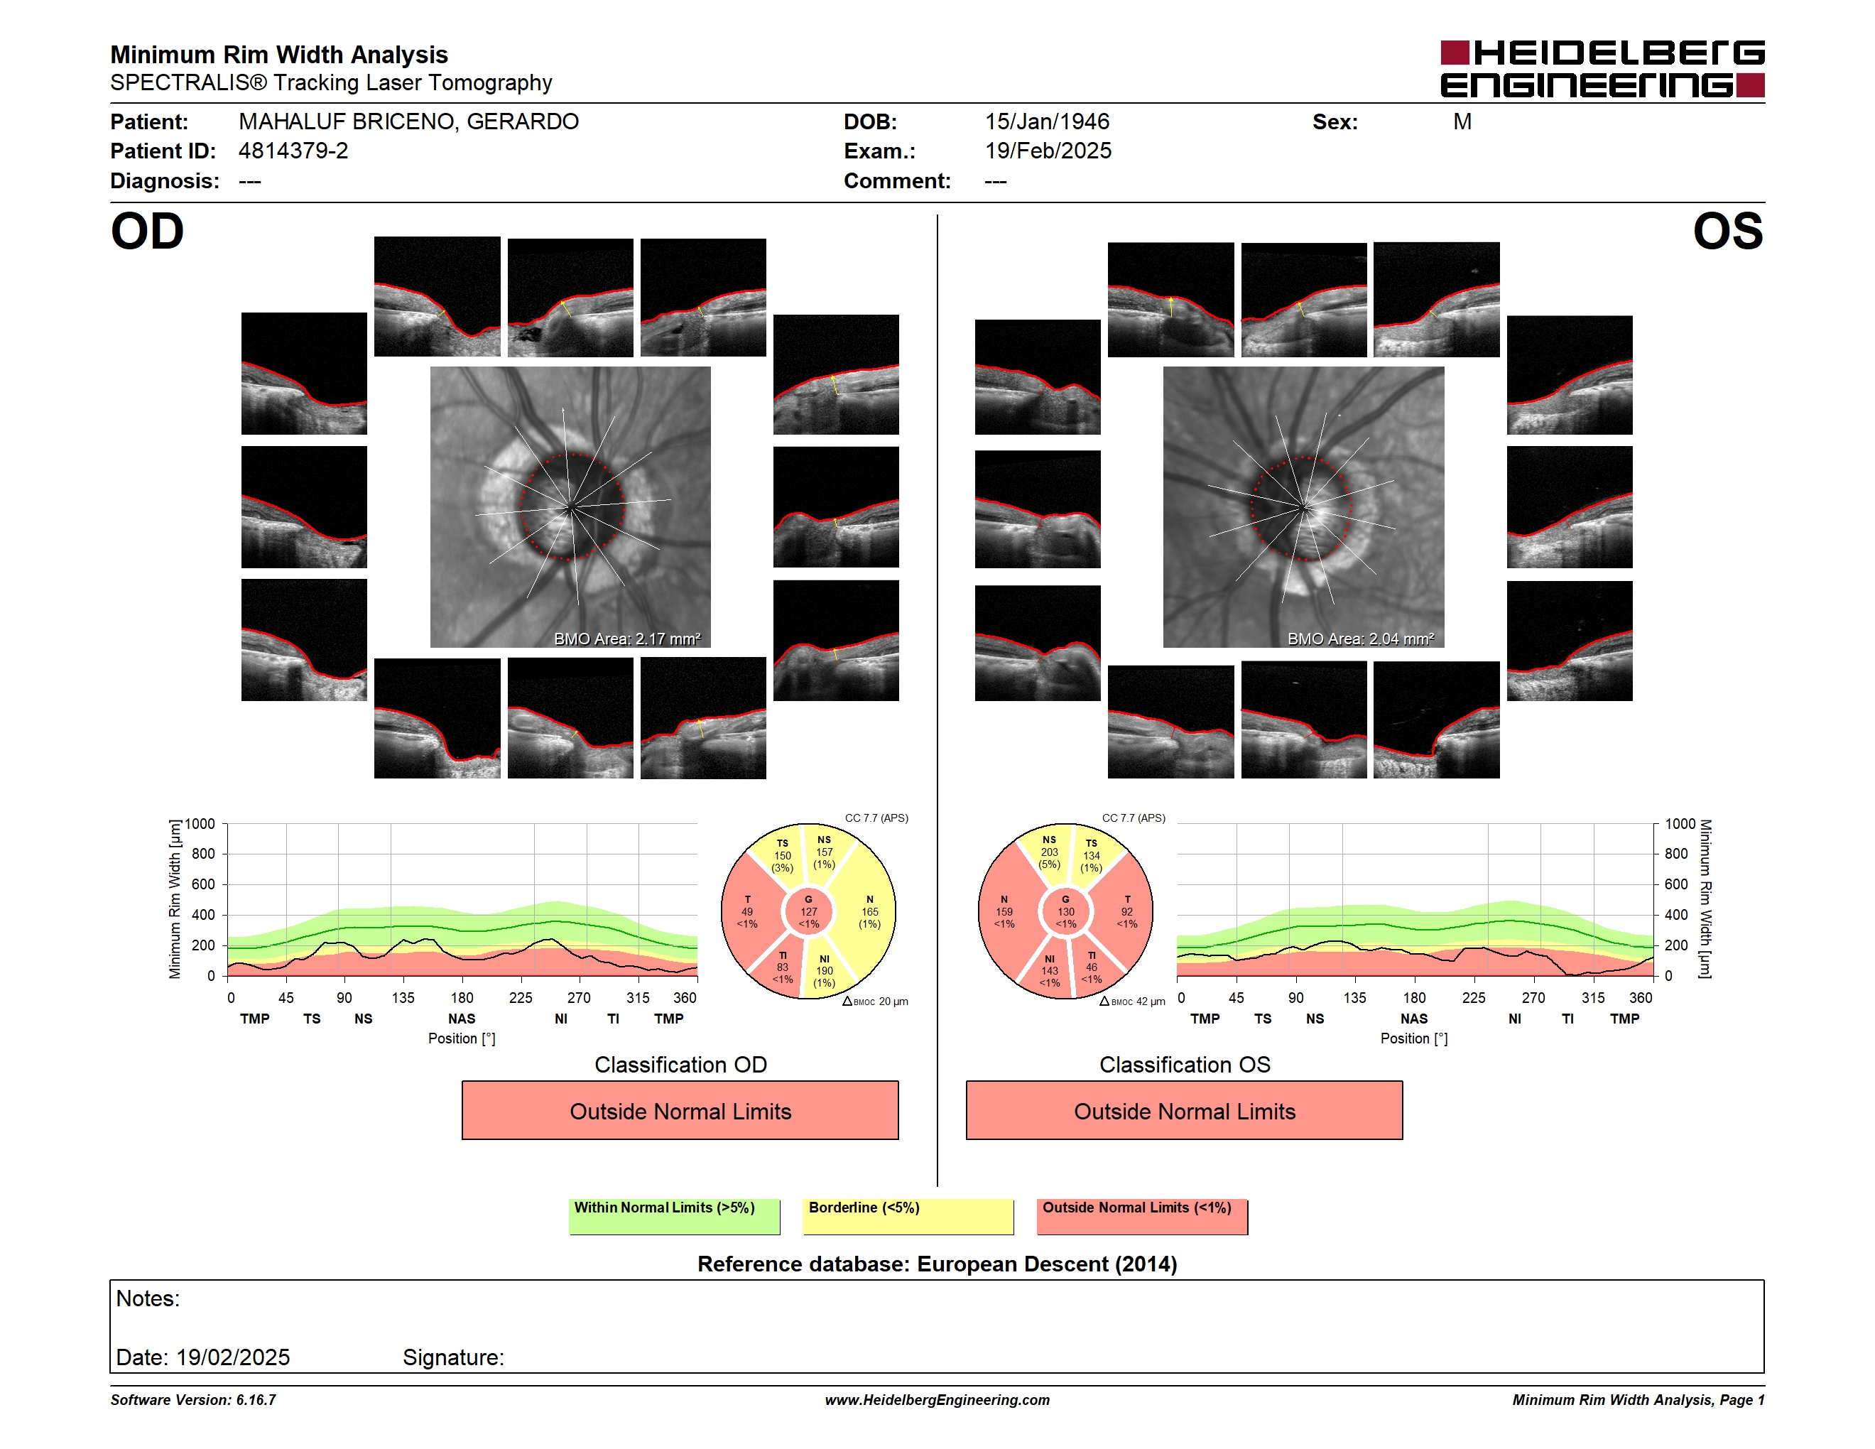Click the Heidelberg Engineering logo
(1602, 69)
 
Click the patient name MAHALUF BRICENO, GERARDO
(408, 122)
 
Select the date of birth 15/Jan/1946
(1047, 122)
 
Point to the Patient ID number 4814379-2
(293, 151)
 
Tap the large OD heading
(148, 232)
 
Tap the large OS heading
(1727, 232)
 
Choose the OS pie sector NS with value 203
(1049, 852)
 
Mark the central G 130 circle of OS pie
(1065, 911)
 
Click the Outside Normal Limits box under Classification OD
(680, 1111)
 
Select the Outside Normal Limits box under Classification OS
(1184, 1111)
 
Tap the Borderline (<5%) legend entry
(908, 1216)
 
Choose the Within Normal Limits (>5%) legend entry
(674, 1216)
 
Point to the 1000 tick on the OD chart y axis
(199, 824)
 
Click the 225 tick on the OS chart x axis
(1473, 997)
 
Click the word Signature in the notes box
(452, 1357)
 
